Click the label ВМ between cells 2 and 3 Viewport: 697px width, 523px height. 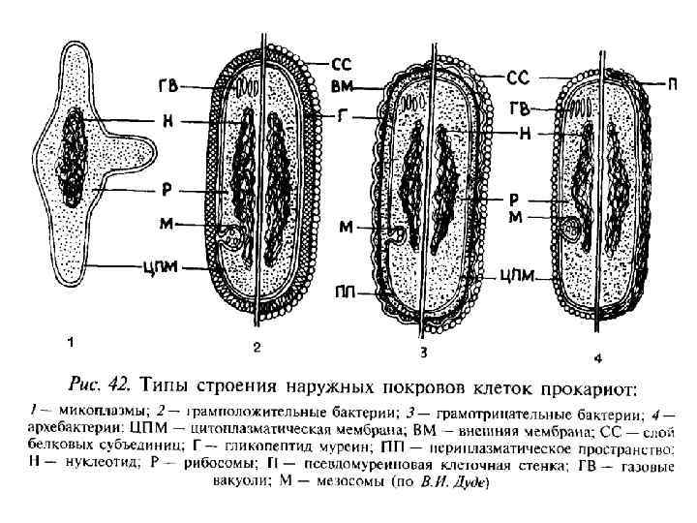click(x=341, y=86)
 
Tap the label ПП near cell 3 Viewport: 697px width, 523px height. click(x=342, y=291)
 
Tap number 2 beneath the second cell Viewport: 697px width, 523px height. click(x=255, y=346)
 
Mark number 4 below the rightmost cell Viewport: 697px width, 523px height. click(x=598, y=359)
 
